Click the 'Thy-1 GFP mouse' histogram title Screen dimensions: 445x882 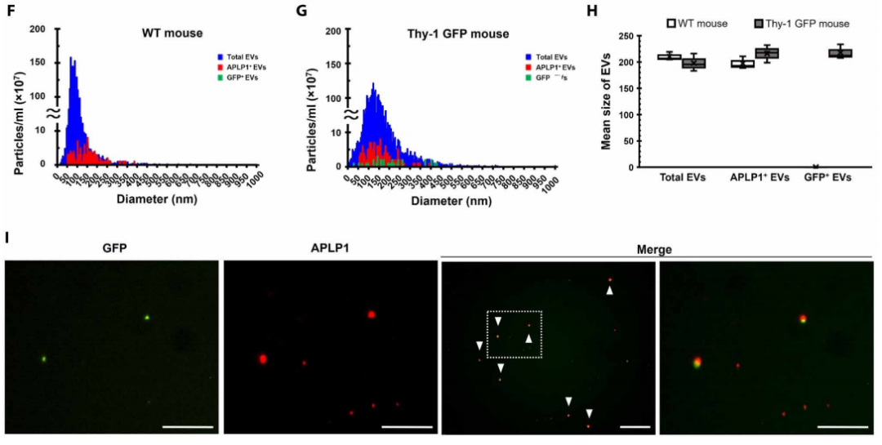coord(457,33)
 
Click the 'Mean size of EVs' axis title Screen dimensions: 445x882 coord(607,102)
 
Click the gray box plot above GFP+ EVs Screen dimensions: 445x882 coord(840,53)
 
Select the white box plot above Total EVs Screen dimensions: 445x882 coord(670,56)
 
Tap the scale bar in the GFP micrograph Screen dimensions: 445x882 coord(187,425)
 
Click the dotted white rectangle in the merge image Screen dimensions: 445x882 coord(515,333)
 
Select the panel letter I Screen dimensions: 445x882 coord(7,238)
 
